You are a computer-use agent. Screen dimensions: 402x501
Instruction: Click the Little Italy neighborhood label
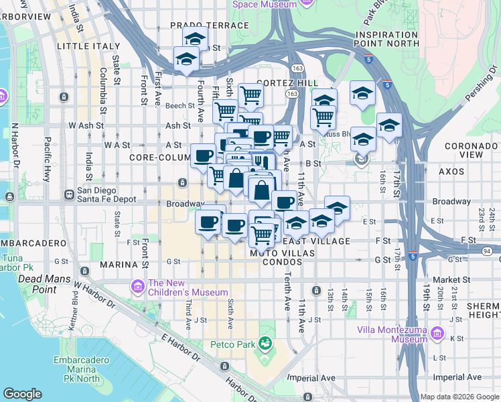pyautogui.click(x=82, y=46)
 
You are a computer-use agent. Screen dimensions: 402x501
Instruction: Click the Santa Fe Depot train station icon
pyautogui.click(x=68, y=195)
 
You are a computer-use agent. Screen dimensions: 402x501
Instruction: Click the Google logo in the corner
pyautogui.click(x=22, y=393)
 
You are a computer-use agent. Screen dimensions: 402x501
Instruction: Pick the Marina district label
pyautogui.click(x=119, y=265)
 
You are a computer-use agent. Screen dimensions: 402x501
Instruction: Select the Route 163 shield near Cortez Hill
pyautogui.click(x=292, y=94)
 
